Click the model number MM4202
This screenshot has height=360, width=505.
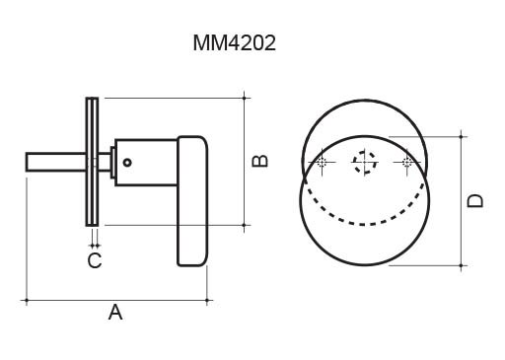(234, 43)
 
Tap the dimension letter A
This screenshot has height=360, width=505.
(115, 313)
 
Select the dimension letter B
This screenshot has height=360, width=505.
(259, 161)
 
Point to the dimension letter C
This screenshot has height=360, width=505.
(95, 260)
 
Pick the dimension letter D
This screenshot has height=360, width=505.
(475, 200)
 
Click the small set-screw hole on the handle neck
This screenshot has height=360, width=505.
(127, 162)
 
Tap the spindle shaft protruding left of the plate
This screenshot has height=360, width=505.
(56, 162)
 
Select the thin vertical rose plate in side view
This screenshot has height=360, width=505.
(92, 162)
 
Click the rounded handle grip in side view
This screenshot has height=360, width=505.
(192, 201)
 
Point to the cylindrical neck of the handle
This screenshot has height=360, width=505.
(146, 163)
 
